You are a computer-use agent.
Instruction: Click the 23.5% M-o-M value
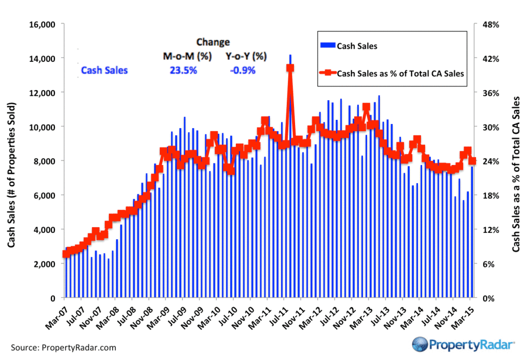click(x=184, y=70)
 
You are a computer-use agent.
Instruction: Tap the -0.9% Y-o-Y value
click(x=243, y=70)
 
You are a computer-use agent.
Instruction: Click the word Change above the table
click(x=213, y=43)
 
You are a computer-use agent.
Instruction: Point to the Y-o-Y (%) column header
click(x=246, y=56)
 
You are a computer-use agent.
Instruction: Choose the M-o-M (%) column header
click(x=187, y=56)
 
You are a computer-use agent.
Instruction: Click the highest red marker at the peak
click(x=290, y=68)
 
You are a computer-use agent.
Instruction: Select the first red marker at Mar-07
click(x=65, y=254)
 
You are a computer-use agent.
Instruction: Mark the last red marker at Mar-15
click(x=472, y=161)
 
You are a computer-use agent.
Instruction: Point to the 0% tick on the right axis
click(x=487, y=298)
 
